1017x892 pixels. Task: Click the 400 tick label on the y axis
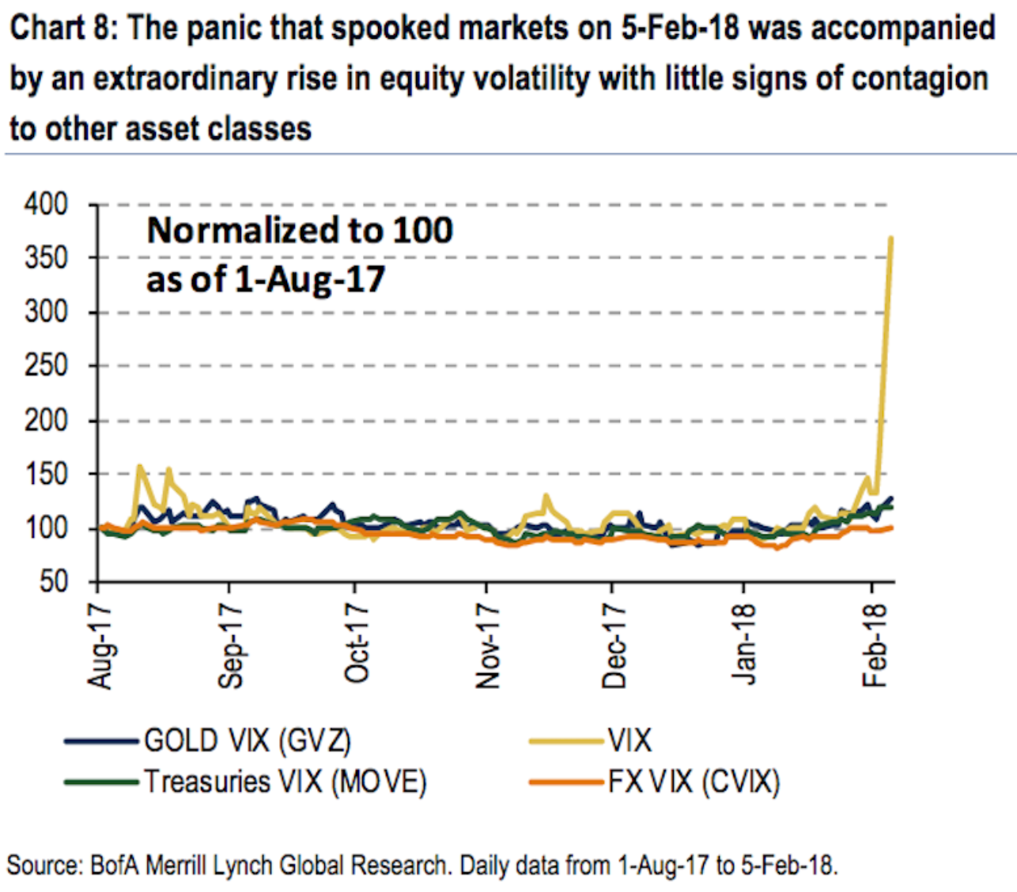click(46, 205)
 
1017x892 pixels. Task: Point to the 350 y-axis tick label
click(46, 259)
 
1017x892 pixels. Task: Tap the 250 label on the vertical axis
click(46, 366)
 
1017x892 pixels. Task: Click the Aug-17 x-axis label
click(101, 645)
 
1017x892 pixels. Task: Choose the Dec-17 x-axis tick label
click(614, 644)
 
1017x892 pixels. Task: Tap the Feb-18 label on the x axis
click(875, 645)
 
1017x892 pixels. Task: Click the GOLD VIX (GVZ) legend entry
click(248, 741)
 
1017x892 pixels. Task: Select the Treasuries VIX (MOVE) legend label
click(285, 782)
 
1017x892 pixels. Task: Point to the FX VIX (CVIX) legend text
click(694, 782)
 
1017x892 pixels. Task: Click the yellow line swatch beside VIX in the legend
click(565, 741)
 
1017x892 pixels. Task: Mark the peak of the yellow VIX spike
click(891, 237)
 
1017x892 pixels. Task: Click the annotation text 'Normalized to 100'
click(300, 230)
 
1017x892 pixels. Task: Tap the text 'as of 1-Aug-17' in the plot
click(266, 278)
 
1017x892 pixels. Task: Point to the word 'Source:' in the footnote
click(44, 864)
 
